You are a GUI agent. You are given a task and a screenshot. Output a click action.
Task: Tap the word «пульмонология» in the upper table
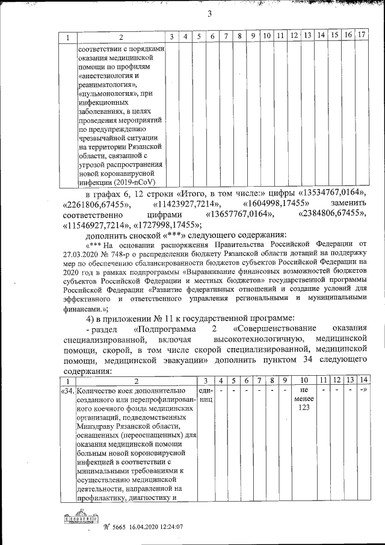[105, 93]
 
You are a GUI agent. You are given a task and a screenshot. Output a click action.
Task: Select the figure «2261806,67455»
[97, 204]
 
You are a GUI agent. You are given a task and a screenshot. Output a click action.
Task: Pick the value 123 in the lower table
[303, 409]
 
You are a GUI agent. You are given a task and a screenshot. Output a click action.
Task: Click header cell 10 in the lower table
[303, 381]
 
